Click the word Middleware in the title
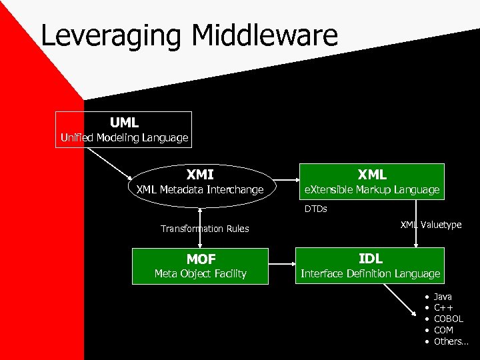(267, 36)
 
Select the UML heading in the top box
(125, 123)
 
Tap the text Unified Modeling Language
(125, 138)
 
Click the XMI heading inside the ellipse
(200, 175)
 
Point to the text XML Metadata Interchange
(200, 190)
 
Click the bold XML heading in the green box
(372, 175)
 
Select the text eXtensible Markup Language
(372, 190)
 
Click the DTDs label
(316, 209)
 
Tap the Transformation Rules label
(205, 229)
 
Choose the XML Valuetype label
(431, 225)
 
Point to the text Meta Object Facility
(201, 273)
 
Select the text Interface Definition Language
(371, 273)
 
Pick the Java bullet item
(443, 296)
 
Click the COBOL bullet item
(448, 319)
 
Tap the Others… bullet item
(451, 341)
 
